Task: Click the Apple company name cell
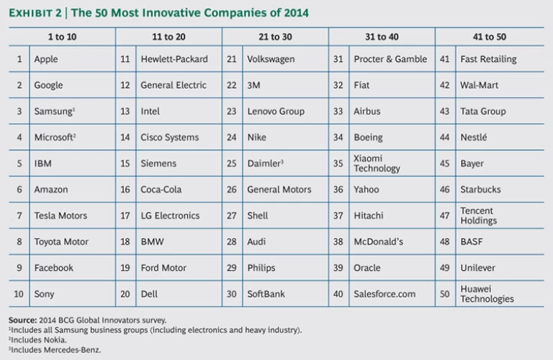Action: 47,59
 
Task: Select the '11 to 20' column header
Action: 168,36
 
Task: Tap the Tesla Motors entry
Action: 60,215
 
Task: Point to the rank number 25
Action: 232,163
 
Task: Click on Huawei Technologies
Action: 487,294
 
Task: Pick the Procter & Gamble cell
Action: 390,59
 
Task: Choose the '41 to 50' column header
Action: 490,36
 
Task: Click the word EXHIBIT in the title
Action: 34,12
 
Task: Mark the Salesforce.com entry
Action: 385,294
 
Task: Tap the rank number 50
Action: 444,294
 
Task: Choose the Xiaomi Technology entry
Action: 377,163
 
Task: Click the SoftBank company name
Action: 267,294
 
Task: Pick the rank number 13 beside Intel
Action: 125,112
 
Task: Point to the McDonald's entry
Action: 378,242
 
